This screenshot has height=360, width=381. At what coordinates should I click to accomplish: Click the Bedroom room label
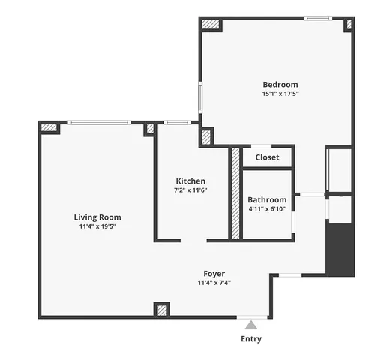point(280,85)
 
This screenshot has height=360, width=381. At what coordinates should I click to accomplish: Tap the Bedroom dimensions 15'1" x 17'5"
point(280,94)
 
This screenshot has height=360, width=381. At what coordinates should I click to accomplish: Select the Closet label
point(267,157)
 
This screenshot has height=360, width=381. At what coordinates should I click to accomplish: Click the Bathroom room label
point(267,200)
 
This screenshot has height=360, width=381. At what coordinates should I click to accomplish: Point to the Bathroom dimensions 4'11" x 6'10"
point(267,210)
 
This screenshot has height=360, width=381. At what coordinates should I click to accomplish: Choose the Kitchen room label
point(190,181)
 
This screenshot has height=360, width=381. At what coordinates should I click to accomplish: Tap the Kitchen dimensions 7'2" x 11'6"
point(190,190)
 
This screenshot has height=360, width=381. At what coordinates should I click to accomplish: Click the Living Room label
point(97,217)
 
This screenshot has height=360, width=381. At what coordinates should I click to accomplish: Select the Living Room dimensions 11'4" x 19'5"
point(97,226)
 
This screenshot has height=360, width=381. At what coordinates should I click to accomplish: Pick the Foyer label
point(214,274)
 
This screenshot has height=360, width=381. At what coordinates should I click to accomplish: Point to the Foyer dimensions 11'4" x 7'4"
point(214,283)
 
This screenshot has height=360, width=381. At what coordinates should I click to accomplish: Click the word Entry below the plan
point(251,339)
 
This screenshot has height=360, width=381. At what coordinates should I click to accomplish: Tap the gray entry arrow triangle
point(251,325)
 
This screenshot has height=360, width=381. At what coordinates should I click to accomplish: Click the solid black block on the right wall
point(340,249)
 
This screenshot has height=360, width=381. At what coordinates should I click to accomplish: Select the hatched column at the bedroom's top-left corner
point(211,25)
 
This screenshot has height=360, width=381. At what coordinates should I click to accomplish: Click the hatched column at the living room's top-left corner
point(49,128)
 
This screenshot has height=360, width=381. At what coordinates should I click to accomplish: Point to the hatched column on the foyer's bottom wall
point(161,309)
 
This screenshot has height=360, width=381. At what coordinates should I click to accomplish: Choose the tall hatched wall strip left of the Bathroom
point(235,193)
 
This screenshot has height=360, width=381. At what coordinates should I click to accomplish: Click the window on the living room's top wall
point(99,123)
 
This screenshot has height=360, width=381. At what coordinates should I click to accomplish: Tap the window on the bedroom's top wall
point(318,18)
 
